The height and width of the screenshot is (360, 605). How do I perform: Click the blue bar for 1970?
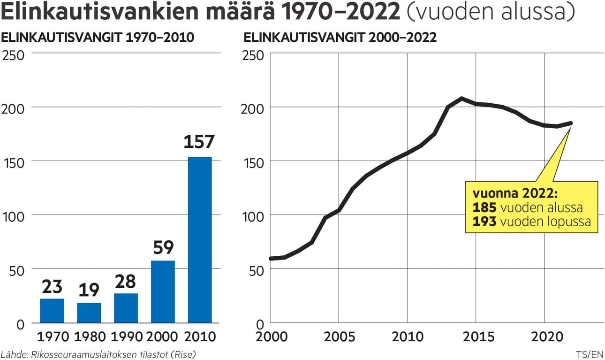tap(52, 311)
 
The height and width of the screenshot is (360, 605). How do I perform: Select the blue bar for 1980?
tap(89, 313)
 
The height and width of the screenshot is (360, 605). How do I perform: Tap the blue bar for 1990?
tap(126, 308)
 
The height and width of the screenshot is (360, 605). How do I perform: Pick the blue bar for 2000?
tap(163, 291)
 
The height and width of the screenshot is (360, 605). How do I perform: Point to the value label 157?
tap(199, 142)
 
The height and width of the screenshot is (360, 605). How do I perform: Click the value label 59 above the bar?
tap(163, 247)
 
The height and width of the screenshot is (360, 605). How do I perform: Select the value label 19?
tap(89, 290)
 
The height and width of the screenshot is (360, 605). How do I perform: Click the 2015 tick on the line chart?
tap(476, 337)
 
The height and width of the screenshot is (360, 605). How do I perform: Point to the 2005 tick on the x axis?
tap(338, 337)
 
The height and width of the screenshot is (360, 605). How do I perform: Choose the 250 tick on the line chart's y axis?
tap(253, 56)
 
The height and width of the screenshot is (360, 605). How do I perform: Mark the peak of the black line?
tap(461, 99)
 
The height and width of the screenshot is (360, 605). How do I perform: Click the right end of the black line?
tap(571, 123)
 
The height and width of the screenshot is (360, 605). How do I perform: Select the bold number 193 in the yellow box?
tap(484, 222)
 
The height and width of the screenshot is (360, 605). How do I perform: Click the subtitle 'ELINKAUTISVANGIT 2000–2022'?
tap(340, 38)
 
